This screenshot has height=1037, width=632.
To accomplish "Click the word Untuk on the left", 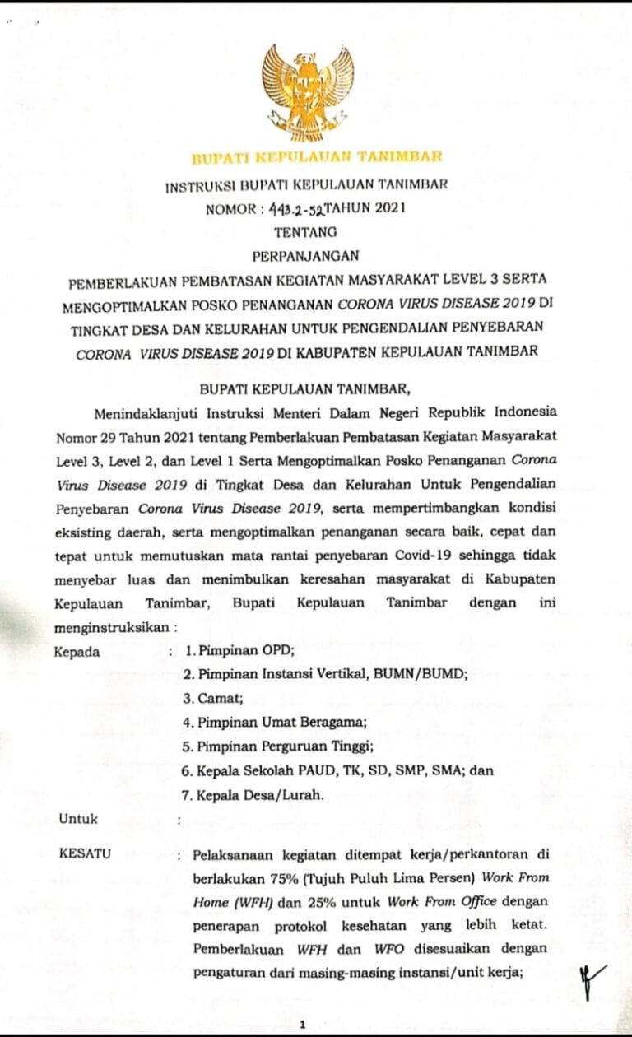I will (78, 819).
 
